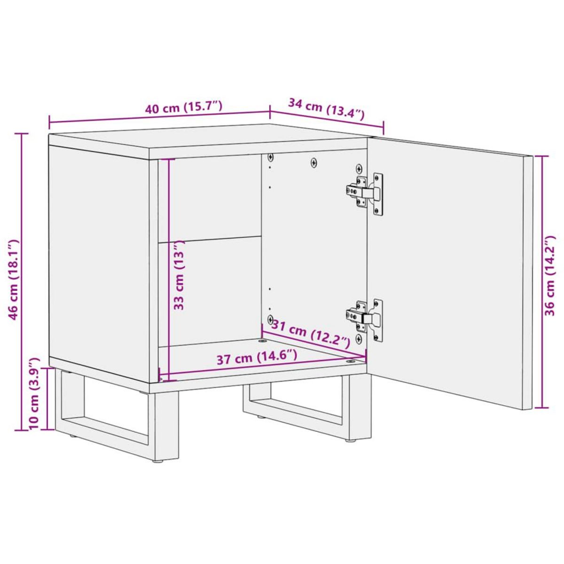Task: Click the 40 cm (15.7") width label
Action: click(183, 108)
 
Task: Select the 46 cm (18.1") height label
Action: click(14, 280)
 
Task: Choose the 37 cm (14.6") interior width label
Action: click(257, 358)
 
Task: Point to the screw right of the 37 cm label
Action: click(350, 361)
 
